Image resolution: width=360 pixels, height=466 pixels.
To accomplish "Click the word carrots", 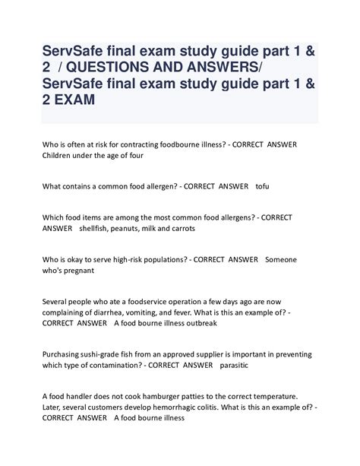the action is pos(180,228).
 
